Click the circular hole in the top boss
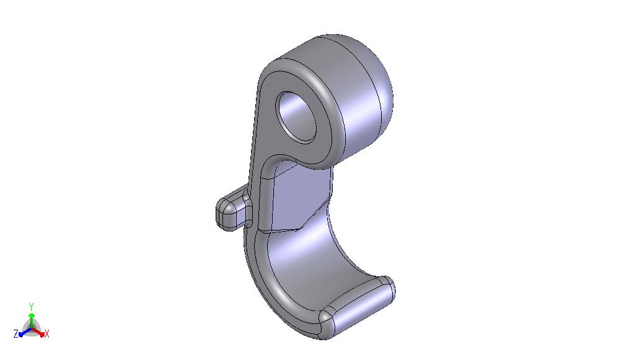(296, 117)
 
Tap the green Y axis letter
(32, 306)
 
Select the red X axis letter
(46, 334)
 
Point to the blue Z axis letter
(16, 334)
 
